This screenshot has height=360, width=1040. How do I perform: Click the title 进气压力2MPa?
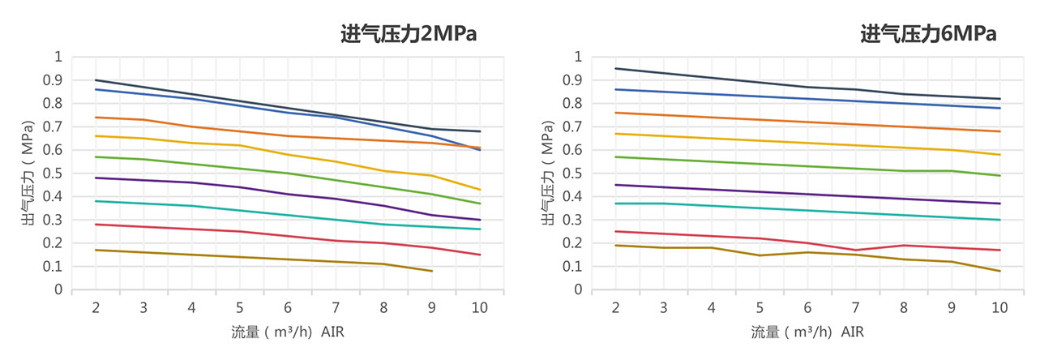[408, 34]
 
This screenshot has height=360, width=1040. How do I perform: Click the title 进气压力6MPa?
[927, 34]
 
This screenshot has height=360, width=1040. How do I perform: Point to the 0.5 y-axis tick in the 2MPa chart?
[53, 174]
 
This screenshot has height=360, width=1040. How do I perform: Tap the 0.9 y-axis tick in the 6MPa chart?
[572, 80]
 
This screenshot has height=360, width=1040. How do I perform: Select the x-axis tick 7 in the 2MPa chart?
[336, 308]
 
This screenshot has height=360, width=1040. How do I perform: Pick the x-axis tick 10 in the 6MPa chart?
[999, 308]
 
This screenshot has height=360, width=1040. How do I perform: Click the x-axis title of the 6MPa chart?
[807, 332]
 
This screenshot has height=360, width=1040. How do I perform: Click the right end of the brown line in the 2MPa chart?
[431, 271]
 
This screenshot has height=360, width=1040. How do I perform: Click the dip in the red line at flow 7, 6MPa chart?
[855, 250]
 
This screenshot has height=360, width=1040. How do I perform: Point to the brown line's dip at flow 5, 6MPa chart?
[760, 255]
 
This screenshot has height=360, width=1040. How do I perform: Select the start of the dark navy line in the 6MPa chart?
[615, 68]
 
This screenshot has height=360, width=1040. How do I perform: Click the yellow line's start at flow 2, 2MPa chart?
[96, 135]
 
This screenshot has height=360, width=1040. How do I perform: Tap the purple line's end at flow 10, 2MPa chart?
[479, 220]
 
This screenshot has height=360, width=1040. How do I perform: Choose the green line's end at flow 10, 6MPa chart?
[999, 175]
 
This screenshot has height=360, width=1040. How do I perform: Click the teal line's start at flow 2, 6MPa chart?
[615, 204]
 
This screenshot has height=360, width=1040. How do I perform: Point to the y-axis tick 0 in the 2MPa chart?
[58, 289]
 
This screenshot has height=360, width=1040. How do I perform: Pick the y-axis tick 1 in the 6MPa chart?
[577, 57]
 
